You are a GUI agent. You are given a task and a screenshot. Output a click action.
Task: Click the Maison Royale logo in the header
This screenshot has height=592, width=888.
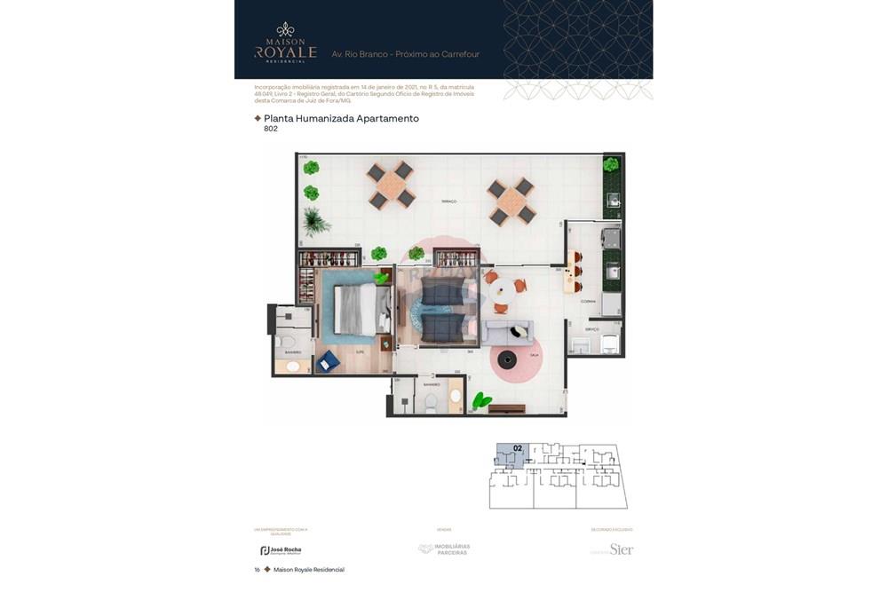pyautogui.click(x=285, y=43)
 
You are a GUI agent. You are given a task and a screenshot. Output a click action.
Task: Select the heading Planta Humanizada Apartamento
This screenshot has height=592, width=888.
pyautogui.click(x=341, y=118)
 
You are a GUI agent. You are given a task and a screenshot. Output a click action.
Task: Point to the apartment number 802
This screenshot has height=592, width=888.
pyautogui.click(x=271, y=129)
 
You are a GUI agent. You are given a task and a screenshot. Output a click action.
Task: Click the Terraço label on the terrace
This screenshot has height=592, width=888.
pyautogui.click(x=449, y=202)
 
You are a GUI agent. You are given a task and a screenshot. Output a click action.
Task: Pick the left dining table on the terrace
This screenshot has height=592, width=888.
pyautogui.click(x=391, y=185)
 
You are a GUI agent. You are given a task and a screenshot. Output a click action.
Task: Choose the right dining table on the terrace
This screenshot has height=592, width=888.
pyautogui.click(x=512, y=201)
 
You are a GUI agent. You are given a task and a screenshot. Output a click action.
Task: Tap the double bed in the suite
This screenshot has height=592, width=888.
pyautogui.click(x=359, y=308)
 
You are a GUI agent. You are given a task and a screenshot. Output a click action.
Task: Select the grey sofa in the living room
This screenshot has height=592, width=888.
pyautogui.click(x=508, y=333)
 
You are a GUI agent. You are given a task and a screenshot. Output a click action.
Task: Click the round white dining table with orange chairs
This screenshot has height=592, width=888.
pyautogui.click(x=503, y=289)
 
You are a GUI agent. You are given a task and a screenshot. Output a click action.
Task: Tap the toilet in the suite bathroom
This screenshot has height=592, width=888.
pyautogui.click(x=286, y=342)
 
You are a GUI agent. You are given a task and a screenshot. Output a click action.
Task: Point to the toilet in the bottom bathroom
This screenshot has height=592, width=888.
pyautogui.click(x=431, y=401)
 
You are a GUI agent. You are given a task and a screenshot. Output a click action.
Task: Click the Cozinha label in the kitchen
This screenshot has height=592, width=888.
pyautogui.click(x=588, y=302)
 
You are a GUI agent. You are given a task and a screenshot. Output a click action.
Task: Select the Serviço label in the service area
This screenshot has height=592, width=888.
pyautogui.click(x=591, y=329)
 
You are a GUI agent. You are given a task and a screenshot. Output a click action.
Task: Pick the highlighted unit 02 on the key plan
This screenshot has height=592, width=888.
pyautogui.click(x=512, y=454)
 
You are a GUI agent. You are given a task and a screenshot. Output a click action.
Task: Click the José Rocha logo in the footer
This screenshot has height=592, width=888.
pyautogui.click(x=281, y=550)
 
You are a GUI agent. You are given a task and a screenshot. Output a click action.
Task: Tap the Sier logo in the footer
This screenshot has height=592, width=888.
pyautogui.click(x=621, y=549)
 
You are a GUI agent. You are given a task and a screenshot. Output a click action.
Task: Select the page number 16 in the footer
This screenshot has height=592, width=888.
pyautogui.click(x=257, y=570)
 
